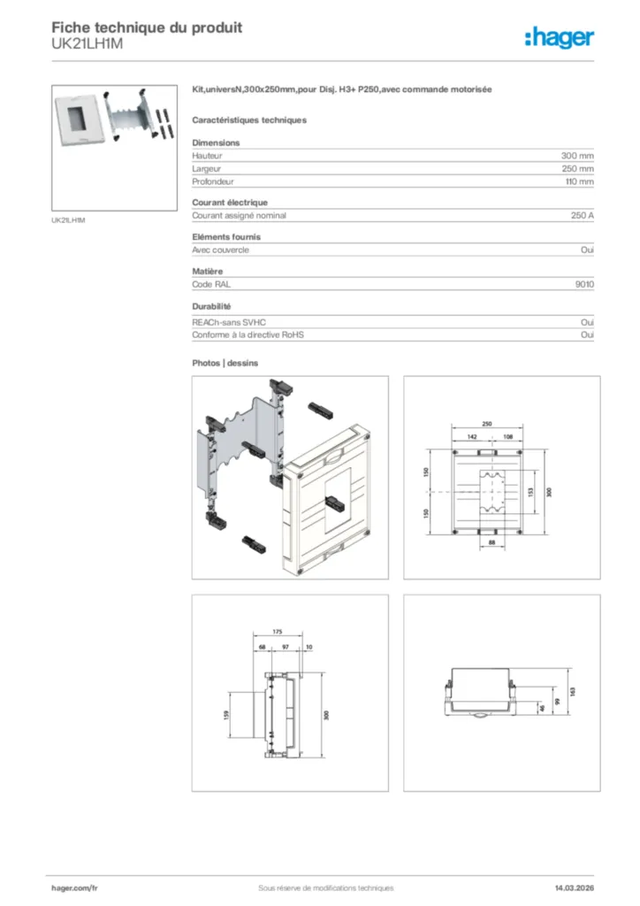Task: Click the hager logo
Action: (x=559, y=36)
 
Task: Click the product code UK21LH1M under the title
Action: (x=86, y=42)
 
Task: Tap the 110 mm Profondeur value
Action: (x=579, y=181)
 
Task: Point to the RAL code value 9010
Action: (x=584, y=285)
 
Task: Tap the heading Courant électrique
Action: (x=230, y=203)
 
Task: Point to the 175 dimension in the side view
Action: (x=277, y=633)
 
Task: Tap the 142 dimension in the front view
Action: (x=472, y=436)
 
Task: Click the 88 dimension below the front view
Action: (x=491, y=541)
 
